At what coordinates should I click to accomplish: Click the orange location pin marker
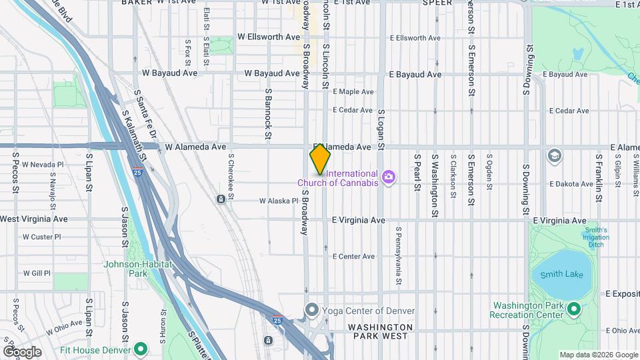[x=320, y=159]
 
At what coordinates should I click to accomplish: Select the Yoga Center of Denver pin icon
[x=311, y=310]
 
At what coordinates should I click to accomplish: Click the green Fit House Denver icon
[x=141, y=348]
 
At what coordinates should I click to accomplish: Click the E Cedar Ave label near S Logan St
[x=353, y=110]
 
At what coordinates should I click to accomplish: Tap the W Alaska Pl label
[x=279, y=201]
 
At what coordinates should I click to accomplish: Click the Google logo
[x=22, y=351]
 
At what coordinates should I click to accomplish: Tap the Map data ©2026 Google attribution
[x=598, y=355]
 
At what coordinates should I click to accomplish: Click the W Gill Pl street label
[x=37, y=273]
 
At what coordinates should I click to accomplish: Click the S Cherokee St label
[x=231, y=175]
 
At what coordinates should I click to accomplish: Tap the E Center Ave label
[x=353, y=257]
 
